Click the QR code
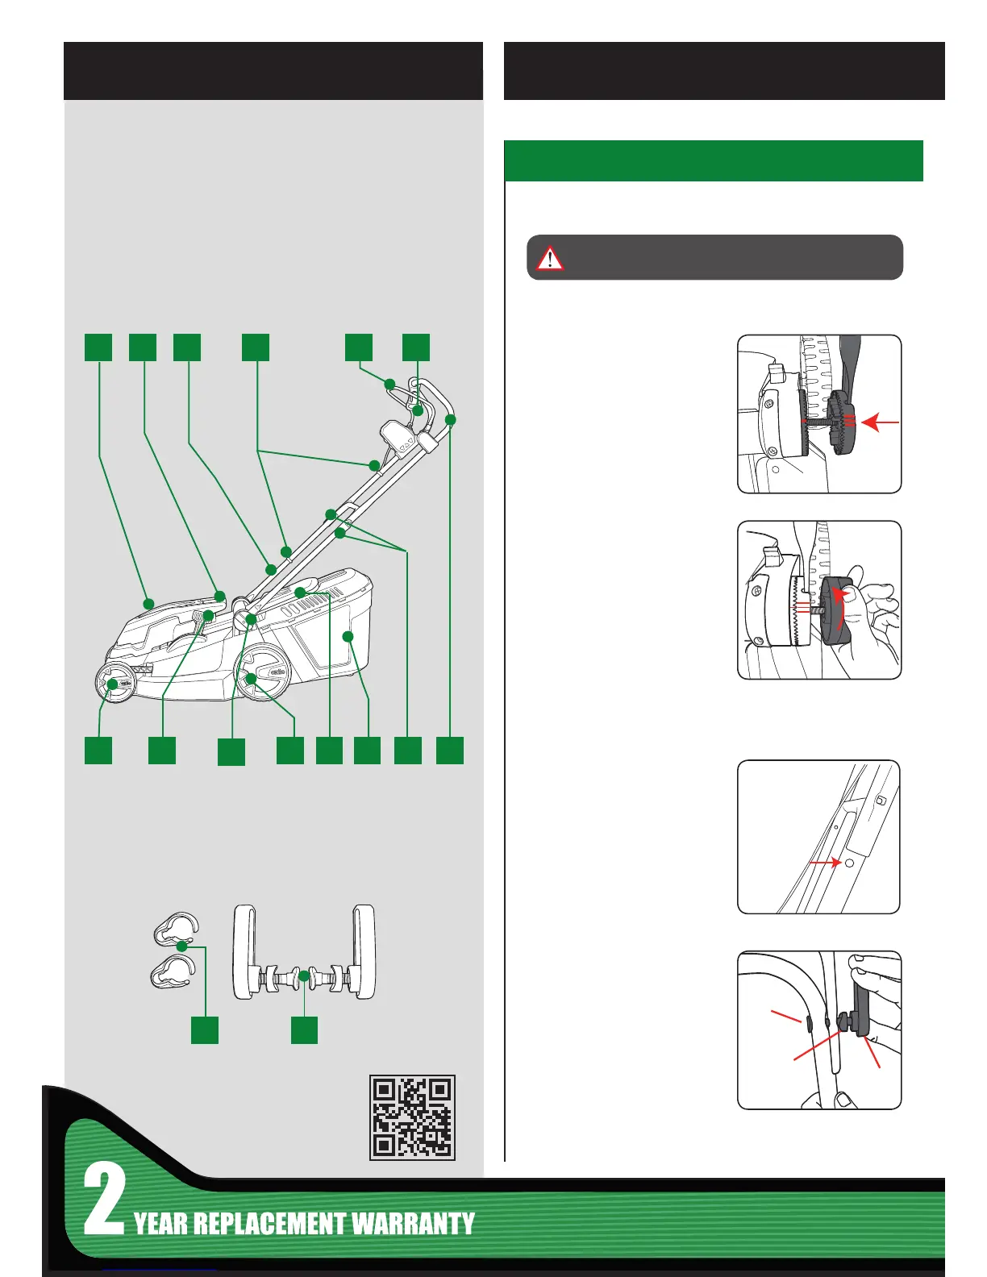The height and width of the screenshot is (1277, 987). (x=412, y=1117)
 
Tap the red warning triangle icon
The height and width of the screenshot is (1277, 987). (x=550, y=258)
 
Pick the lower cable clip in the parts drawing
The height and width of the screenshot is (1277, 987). (x=173, y=970)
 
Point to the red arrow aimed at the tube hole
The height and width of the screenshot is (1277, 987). (x=823, y=863)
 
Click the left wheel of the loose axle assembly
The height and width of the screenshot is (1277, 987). (x=246, y=951)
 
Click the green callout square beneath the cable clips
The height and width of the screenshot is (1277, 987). (x=205, y=1030)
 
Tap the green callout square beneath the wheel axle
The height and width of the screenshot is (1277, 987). (x=304, y=1030)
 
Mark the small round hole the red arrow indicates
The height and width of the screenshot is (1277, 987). (x=848, y=863)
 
